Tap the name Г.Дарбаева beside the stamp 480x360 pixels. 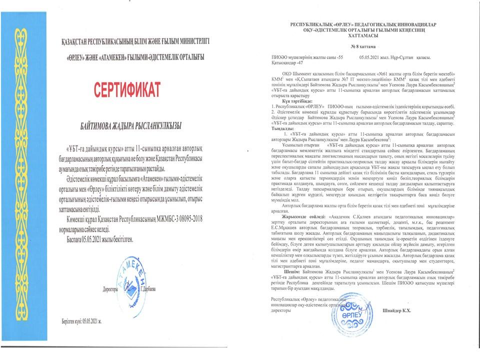[149, 289]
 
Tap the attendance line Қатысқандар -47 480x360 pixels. [286, 63]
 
